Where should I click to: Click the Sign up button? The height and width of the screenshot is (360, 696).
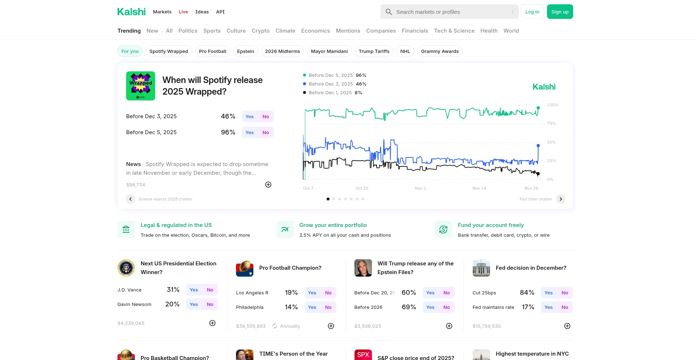(x=560, y=12)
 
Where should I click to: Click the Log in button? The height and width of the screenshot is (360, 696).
(x=532, y=12)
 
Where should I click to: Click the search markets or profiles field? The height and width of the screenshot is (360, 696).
(x=449, y=12)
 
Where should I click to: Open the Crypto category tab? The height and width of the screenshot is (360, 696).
(x=260, y=31)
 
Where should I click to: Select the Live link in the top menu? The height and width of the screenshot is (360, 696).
(x=183, y=12)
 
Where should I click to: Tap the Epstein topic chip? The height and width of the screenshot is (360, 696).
(x=245, y=51)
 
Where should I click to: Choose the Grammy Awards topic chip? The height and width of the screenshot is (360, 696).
(x=440, y=51)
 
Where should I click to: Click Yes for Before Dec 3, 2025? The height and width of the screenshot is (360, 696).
(x=249, y=116)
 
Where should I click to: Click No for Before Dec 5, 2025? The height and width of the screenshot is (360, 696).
(x=266, y=132)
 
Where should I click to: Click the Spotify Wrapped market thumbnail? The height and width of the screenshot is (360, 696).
(x=141, y=86)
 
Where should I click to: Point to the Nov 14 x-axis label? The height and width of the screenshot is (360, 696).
(x=479, y=188)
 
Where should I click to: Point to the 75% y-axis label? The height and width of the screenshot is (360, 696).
(x=551, y=123)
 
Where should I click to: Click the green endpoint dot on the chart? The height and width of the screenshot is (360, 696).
(x=538, y=108)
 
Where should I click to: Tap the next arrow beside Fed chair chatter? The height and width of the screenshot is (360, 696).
(x=560, y=199)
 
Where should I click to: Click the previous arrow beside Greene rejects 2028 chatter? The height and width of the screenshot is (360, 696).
(x=130, y=199)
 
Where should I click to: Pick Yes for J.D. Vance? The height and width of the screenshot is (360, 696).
(x=194, y=290)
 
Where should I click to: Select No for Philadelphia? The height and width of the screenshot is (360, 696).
(x=328, y=307)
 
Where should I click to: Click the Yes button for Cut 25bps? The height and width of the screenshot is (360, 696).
(x=548, y=293)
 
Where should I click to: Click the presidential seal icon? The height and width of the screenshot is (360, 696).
(x=126, y=268)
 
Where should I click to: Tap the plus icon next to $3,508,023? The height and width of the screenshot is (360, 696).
(x=449, y=326)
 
